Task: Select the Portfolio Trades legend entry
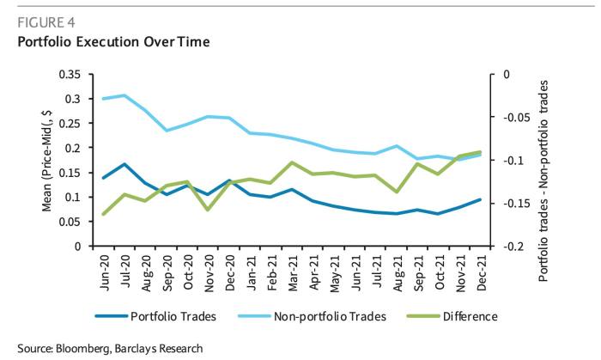pyautogui.click(x=172, y=316)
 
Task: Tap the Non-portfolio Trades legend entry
pyautogui.click(x=330, y=316)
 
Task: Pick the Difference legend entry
pyautogui.click(x=470, y=316)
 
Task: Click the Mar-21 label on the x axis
pyautogui.click(x=294, y=268)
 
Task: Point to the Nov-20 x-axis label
pyautogui.click(x=209, y=268)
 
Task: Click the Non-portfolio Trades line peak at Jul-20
pyautogui.click(x=124, y=95)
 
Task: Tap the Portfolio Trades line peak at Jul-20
pyautogui.click(x=125, y=164)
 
